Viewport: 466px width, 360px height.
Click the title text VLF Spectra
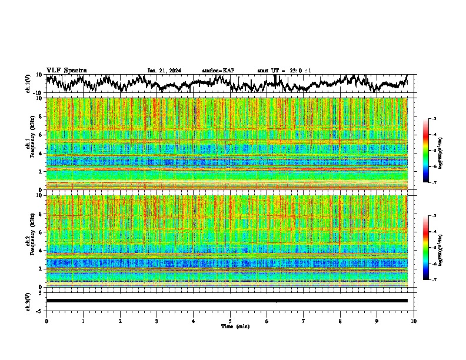pos(66,70)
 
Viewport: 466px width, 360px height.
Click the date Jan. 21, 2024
pos(164,71)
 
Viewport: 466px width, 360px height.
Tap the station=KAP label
pos(218,71)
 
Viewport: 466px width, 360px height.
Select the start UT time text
pos(284,71)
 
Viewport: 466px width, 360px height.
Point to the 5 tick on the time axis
pos(230,321)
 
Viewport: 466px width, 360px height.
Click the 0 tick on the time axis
pos(46,321)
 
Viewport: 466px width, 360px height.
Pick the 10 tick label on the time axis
pos(414,321)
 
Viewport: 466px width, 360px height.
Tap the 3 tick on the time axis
pos(157,321)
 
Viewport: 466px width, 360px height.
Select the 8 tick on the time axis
pos(340,321)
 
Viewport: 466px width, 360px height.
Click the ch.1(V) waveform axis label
pos(29,83)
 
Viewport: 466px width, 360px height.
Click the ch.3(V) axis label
pos(29,301)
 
